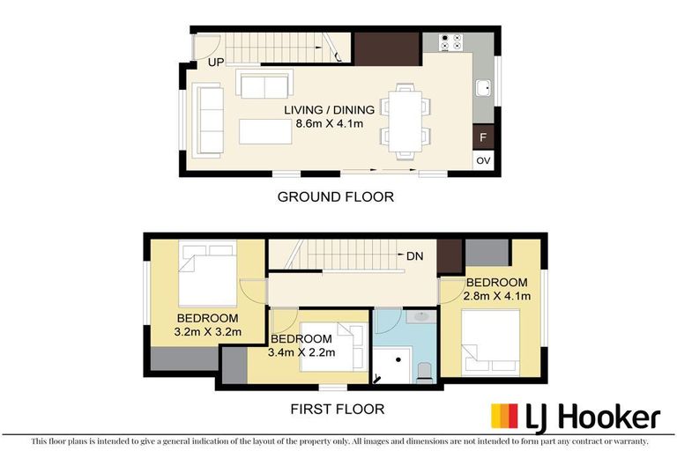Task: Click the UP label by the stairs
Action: tap(216, 63)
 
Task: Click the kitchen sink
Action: tap(483, 87)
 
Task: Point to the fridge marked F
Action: tap(482, 137)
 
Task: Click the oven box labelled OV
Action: tap(482, 160)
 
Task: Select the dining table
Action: tap(405, 121)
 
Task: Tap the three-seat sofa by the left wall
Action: tap(210, 119)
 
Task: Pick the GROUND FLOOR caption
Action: tap(336, 196)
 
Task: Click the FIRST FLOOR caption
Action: tap(338, 410)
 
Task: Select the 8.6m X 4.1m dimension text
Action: tap(330, 123)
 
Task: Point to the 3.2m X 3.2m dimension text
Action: tap(209, 332)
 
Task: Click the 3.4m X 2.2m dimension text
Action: tap(301, 352)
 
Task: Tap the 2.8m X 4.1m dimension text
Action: tap(498, 296)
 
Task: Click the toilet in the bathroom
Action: tap(423, 371)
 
